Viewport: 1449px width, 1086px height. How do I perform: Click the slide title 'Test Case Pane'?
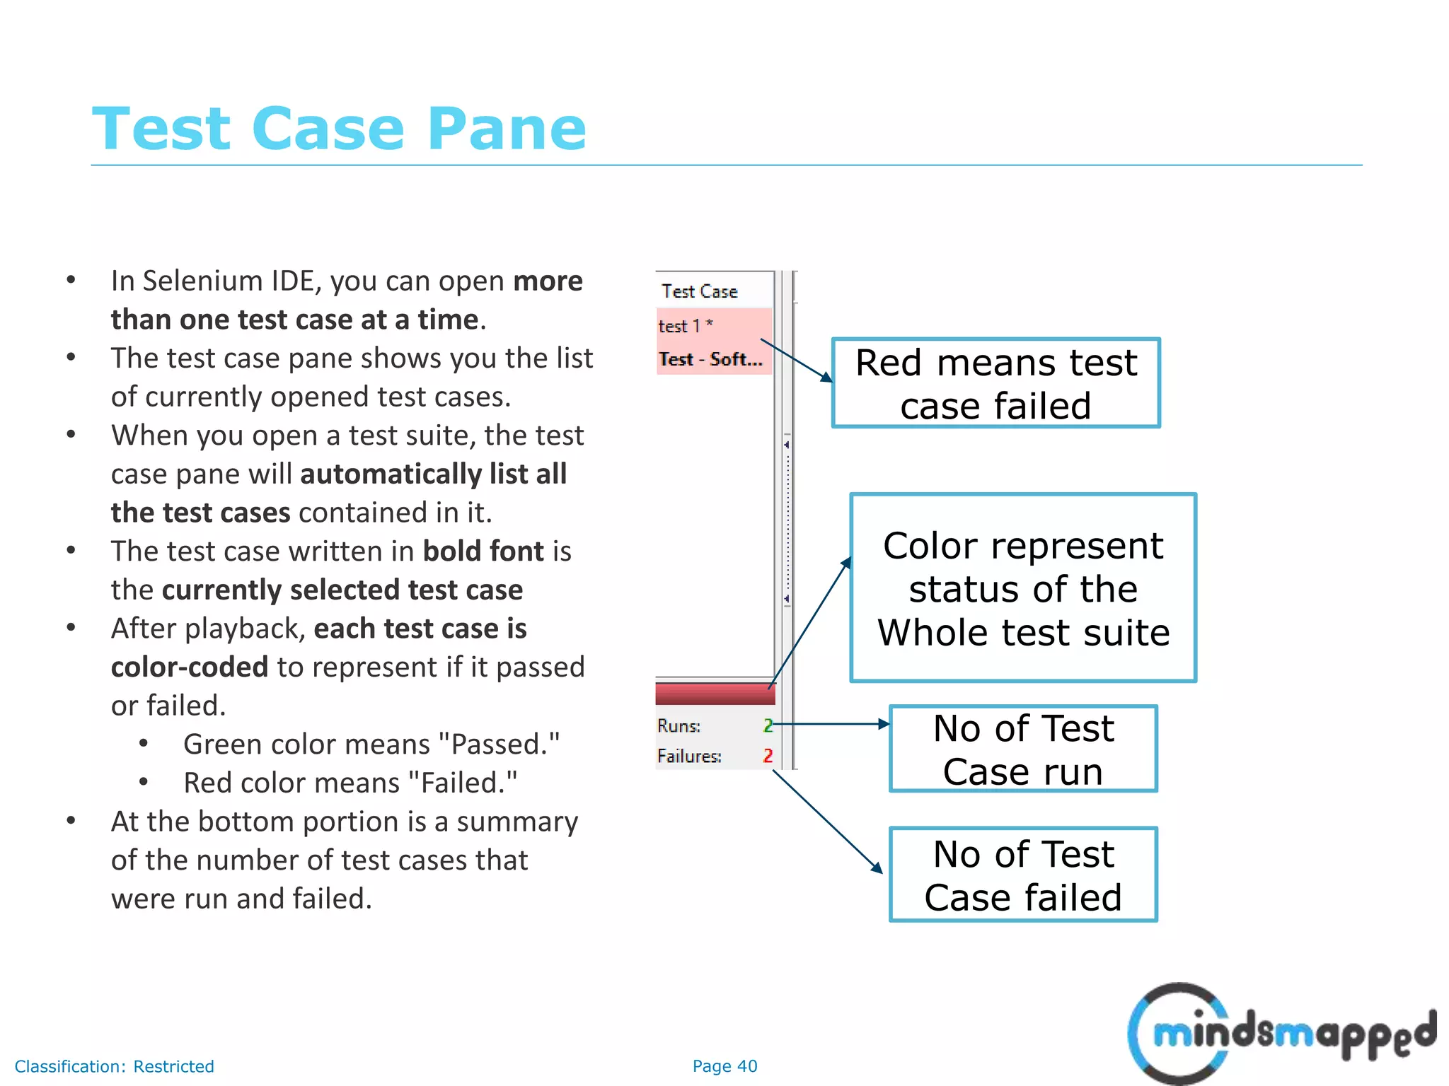click(x=339, y=129)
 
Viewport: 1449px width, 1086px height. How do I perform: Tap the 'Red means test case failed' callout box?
click(x=995, y=383)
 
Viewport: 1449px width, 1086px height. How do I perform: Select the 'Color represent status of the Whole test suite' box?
click(x=1023, y=588)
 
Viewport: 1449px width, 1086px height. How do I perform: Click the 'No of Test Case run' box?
click(x=1023, y=749)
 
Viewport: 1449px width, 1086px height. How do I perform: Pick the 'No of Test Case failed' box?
click(x=1023, y=875)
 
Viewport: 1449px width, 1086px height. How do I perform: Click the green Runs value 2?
click(x=768, y=725)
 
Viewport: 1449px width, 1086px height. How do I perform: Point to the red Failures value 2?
click(x=768, y=756)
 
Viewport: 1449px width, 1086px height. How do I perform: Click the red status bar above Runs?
click(x=715, y=694)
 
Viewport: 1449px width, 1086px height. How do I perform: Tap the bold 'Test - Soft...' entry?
click(x=710, y=360)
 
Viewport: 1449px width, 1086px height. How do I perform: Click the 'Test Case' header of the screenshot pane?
click(x=700, y=291)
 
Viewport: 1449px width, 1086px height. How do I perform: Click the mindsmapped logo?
click(x=1281, y=1033)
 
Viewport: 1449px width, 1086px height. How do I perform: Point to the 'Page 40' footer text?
click(x=724, y=1066)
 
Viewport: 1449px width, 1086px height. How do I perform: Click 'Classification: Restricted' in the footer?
click(x=115, y=1066)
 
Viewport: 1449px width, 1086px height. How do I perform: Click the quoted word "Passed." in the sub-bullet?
click(x=499, y=745)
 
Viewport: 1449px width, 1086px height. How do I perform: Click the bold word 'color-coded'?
click(x=190, y=667)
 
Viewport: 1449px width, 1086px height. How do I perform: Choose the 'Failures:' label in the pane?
click(x=689, y=757)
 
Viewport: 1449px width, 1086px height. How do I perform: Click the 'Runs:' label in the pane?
click(x=679, y=726)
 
